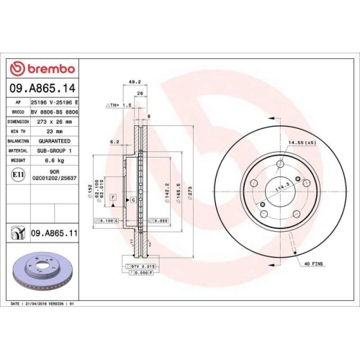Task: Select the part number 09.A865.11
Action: [x=53, y=233]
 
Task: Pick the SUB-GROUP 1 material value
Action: [x=53, y=151]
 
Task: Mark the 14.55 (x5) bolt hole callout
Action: [x=302, y=144]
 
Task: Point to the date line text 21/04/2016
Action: [x=43, y=305]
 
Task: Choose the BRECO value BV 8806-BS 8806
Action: [x=53, y=112]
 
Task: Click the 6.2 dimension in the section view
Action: [x=114, y=142]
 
